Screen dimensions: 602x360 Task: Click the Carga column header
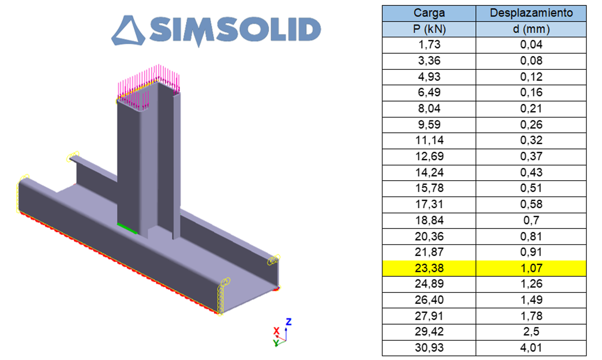click(429, 13)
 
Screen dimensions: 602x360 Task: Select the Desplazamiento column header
click(531, 13)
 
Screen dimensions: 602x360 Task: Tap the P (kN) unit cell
click(429, 29)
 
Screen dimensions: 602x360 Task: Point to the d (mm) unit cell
click(531, 29)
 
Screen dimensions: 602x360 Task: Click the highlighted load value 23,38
click(429, 268)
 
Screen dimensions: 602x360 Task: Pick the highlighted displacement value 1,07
click(531, 268)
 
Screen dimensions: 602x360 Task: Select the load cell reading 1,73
click(429, 44)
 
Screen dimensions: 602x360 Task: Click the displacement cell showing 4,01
click(531, 348)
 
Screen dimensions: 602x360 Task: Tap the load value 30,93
click(429, 348)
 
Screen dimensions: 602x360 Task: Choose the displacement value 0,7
click(531, 221)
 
